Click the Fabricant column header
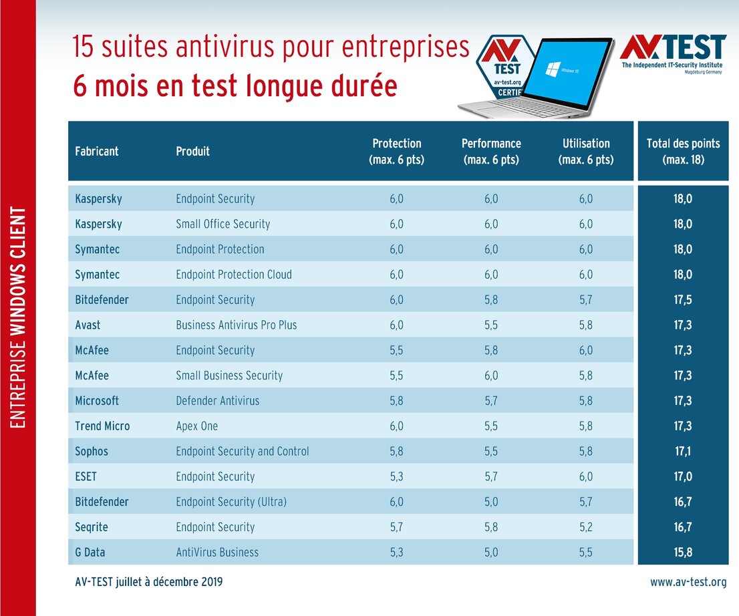96,151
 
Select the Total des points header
683,151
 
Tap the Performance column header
491,151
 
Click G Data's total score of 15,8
682,553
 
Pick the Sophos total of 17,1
682,451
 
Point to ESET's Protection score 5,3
396,476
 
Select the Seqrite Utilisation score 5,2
586,527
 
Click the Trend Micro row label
102,426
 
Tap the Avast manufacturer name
88,325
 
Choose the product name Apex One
196,426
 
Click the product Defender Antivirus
217,401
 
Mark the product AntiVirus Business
217,553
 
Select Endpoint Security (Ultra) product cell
231,502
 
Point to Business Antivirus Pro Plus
236,325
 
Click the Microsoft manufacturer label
97,401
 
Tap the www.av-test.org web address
688,582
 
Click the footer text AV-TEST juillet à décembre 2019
149,582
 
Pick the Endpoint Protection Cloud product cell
233,275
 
